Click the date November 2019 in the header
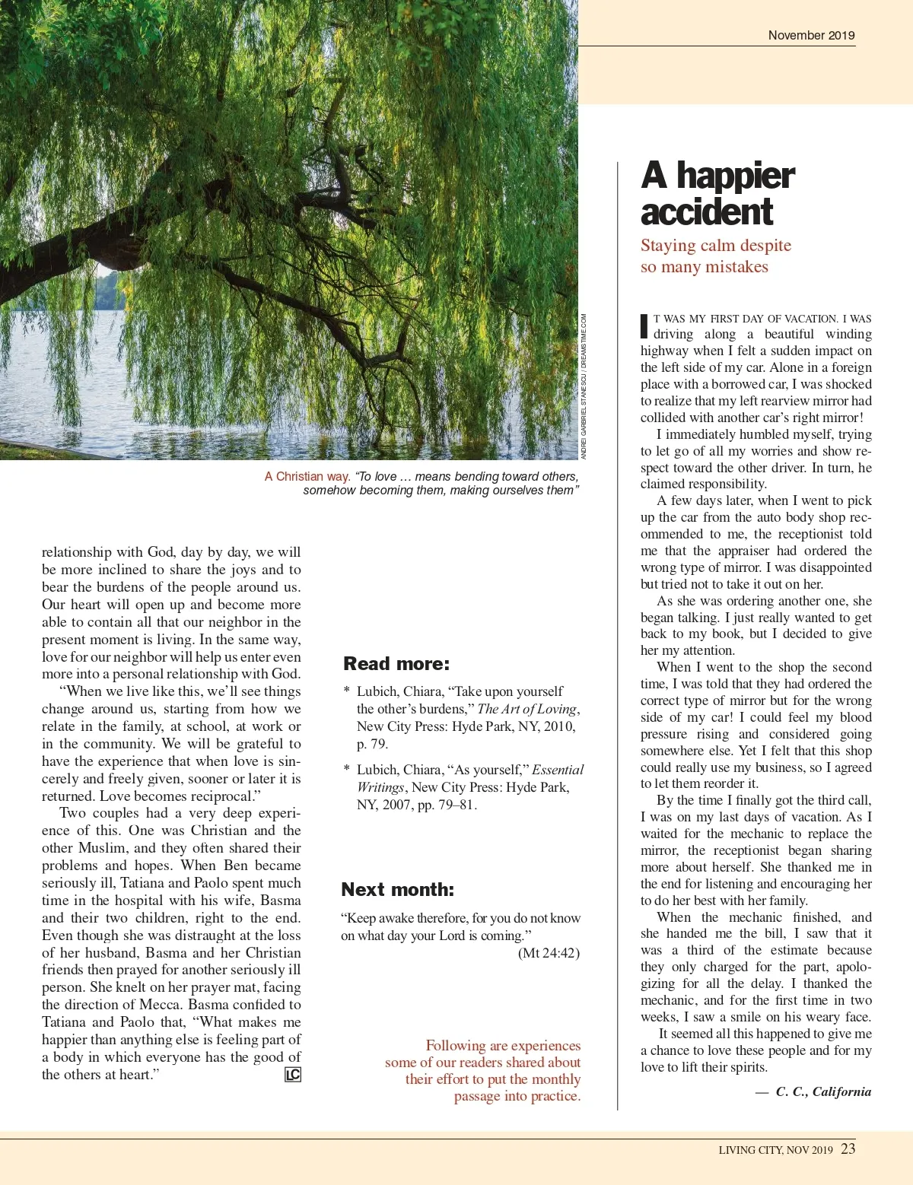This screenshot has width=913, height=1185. tap(811, 35)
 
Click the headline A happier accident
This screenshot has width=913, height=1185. tap(717, 193)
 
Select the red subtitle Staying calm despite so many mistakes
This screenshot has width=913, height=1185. tap(715, 256)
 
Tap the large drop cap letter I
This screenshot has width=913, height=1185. tap(644, 326)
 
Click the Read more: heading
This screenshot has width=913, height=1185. tap(396, 663)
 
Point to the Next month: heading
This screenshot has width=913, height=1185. tap(397, 889)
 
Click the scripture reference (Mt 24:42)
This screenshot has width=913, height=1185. tap(549, 953)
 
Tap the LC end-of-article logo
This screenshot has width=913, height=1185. tap(293, 1075)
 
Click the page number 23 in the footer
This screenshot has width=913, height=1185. tap(848, 1148)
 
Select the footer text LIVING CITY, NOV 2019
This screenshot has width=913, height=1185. tap(775, 1150)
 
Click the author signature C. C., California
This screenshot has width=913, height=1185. tap(823, 1091)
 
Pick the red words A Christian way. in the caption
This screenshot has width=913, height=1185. tap(307, 476)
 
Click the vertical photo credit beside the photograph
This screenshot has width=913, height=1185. tap(584, 386)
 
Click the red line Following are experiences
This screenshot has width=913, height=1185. tap(503, 1046)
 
